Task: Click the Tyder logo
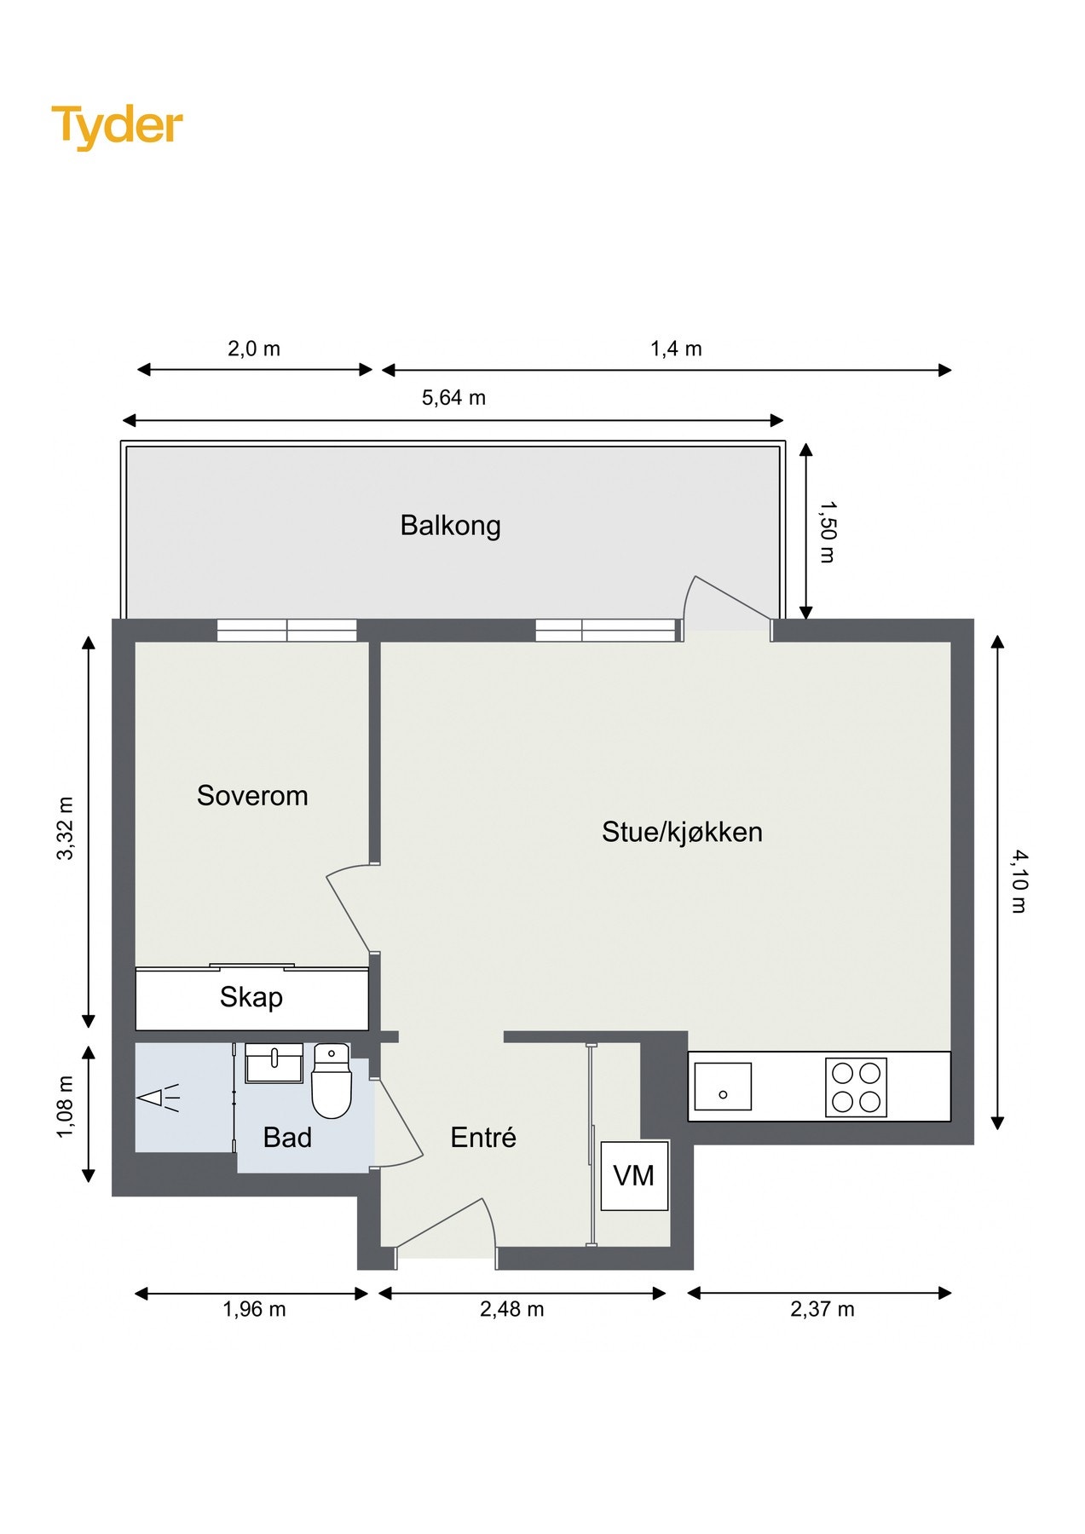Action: tap(117, 126)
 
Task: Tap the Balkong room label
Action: tap(450, 526)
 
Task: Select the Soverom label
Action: tap(252, 796)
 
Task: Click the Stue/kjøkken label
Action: tap(682, 832)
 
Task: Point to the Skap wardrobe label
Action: tap(251, 997)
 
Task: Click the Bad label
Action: tap(287, 1138)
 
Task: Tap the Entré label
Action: tap(483, 1138)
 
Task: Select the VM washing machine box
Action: tap(634, 1176)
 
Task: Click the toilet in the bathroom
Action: tap(331, 1082)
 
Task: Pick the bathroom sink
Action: tap(274, 1063)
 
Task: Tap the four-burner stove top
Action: tap(856, 1087)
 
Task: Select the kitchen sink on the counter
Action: tap(722, 1087)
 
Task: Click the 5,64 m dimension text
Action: tap(453, 398)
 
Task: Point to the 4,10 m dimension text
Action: tap(1019, 882)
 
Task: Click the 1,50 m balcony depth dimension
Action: tap(826, 532)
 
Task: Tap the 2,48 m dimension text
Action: tap(511, 1309)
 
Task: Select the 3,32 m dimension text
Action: tap(66, 828)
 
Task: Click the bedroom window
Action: tap(286, 631)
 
